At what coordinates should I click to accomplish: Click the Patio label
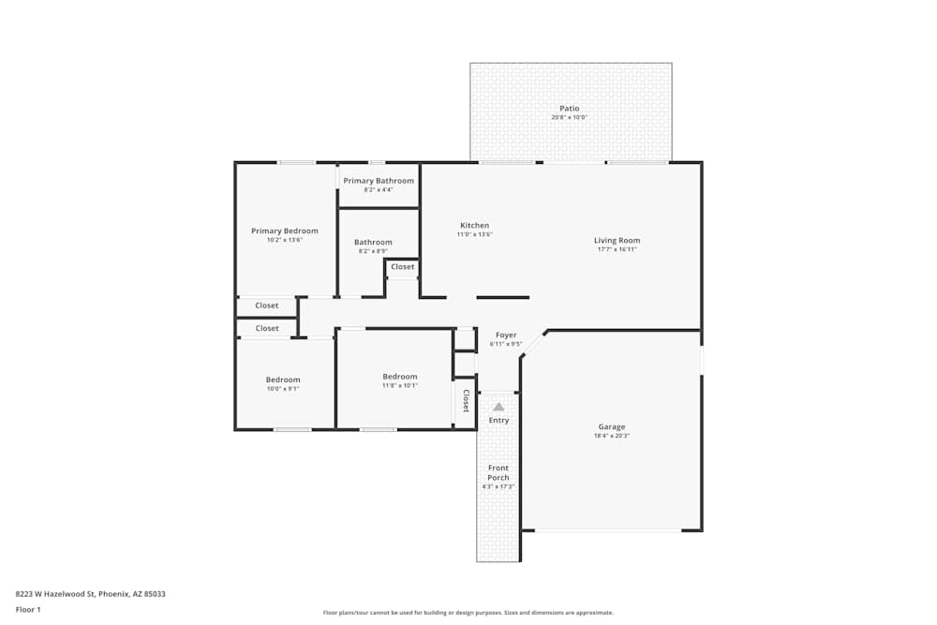570,109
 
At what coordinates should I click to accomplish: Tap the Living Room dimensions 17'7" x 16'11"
617,249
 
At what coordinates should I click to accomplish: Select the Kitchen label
474,226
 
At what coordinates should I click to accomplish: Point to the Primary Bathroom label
379,181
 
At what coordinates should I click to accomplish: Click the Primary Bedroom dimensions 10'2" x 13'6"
284,240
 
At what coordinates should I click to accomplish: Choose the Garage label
612,427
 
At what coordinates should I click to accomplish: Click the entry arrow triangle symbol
498,407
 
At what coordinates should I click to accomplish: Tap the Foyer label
506,335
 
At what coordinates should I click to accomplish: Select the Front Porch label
498,472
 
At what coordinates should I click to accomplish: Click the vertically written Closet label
466,401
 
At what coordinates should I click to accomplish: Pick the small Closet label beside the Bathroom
403,267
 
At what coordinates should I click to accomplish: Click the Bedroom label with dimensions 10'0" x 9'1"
283,379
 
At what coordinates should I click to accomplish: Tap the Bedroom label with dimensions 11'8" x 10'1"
400,377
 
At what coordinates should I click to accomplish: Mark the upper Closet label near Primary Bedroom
267,305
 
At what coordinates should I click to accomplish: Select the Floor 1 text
28,609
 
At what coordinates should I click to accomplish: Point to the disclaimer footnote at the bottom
468,613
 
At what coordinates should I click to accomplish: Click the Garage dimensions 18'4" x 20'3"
612,437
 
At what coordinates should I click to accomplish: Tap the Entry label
498,420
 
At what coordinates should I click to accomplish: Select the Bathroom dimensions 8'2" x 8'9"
373,251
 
